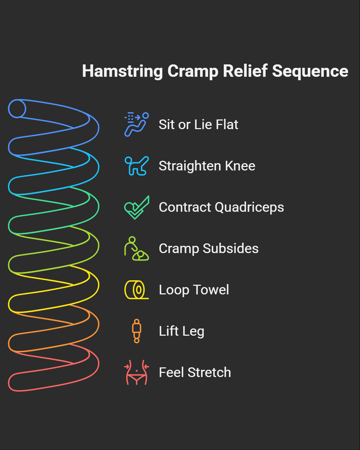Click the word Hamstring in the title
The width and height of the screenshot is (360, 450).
[122, 72]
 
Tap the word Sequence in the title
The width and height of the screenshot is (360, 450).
[310, 72]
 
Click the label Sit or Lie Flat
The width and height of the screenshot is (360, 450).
[198, 125]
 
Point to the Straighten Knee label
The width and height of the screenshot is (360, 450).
[207, 166]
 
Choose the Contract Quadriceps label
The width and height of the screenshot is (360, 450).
[221, 207]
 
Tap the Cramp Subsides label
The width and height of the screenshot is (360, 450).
[209, 249]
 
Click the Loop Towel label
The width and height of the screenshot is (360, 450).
[194, 290]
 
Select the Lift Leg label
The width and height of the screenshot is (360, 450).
[181, 331]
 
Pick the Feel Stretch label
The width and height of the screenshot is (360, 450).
[195, 373]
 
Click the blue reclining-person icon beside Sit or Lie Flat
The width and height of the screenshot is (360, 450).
[136, 124]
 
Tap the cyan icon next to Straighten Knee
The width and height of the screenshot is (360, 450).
[136, 166]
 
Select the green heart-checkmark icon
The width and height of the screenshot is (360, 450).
[136, 207]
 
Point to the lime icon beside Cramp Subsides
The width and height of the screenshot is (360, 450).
[136, 249]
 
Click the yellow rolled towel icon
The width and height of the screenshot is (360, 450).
[136, 290]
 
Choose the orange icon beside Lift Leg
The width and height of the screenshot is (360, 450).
[137, 331]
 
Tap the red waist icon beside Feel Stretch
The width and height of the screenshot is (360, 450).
[137, 373]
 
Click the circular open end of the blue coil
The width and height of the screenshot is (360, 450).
[17, 109]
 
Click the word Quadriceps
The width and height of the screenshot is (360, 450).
[249, 207]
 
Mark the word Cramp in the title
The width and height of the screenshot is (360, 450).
[193, 72]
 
